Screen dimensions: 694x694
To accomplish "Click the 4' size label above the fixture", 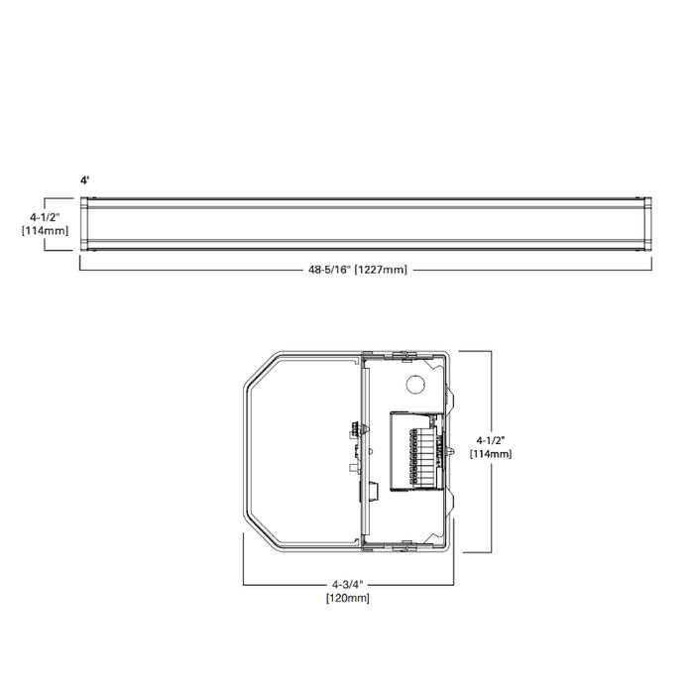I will coord(86,181).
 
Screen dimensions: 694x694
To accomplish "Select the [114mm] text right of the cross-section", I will coord(493,453).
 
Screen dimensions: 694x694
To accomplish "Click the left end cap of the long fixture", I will coord(88,222).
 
